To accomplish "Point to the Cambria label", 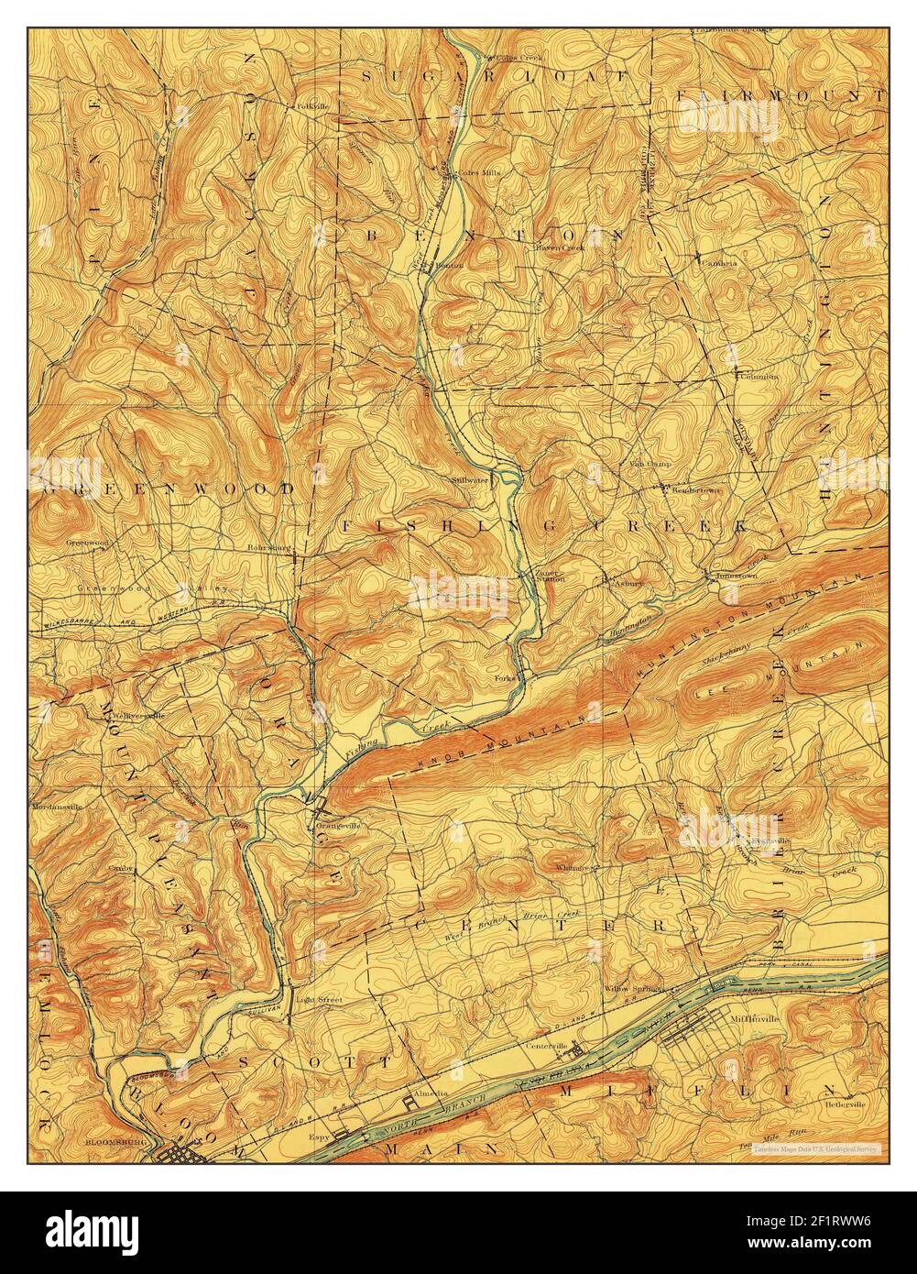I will tap(719, 261).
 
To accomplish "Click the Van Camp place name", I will tap(650, 464).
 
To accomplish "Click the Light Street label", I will tap(318, 1000).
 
